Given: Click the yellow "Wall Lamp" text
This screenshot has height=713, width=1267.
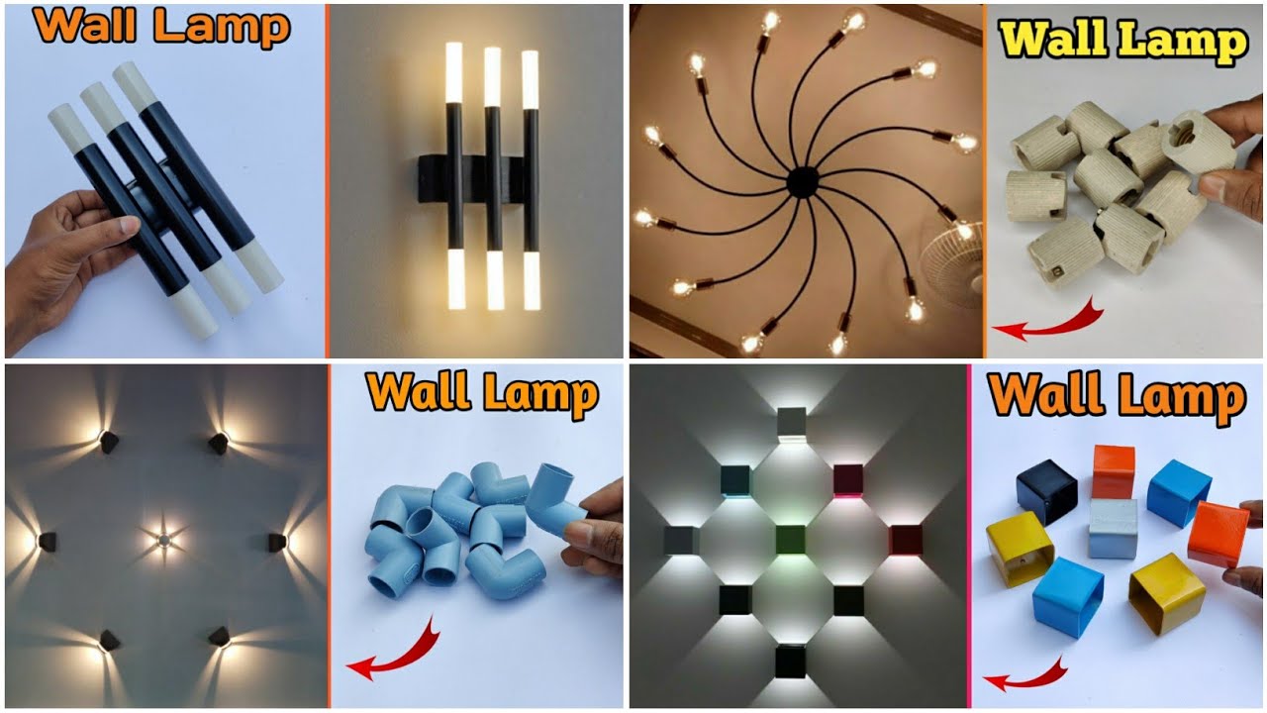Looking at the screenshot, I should [1122, 43].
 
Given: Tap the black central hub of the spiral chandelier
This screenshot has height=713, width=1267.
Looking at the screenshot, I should [802, 182].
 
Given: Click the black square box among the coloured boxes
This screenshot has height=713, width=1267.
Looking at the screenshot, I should [1045, 489].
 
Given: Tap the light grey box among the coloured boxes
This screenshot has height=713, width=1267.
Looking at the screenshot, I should [1113, 528].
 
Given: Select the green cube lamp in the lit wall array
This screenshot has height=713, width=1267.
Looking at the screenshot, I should [790, 540].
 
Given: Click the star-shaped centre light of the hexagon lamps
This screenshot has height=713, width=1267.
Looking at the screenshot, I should [164, 540].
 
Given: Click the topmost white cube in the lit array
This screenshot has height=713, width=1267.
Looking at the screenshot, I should [792, 423].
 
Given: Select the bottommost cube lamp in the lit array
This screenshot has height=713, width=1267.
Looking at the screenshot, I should [790, 660].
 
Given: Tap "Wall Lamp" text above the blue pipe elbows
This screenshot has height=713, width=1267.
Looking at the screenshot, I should [483, 393].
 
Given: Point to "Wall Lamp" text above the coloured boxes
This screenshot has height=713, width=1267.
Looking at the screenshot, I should [1117, 396].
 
